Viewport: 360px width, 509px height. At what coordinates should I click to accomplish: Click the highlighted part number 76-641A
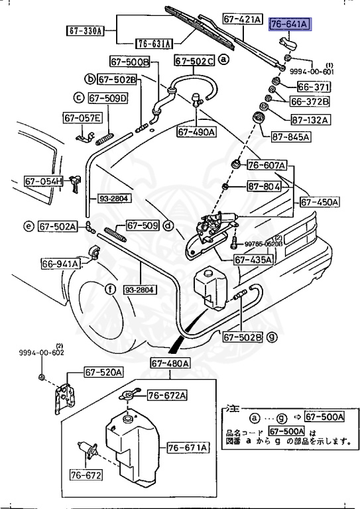pyautogui.click(x=289, y=25)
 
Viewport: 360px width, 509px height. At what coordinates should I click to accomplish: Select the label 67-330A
pyautogui.click(x=84, y=30)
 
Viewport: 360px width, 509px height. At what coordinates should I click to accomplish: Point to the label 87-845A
pyautogui.click(x=290, y=137)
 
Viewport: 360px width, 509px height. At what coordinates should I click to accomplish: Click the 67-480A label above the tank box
pyautogui.click(x=170, y=363)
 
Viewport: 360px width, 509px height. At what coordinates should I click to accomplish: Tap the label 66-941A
pyautogui.click(x=61, y=264)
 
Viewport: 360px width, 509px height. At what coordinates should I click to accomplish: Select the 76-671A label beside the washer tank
pyautogui.click(x=188, y=447)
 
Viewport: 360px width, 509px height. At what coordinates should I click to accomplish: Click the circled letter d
pyautogui.click(x=169, y=225)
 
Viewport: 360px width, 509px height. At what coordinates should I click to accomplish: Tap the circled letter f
pyautogui.click(x=109, y=288)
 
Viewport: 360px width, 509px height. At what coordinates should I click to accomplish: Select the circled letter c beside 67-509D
pyautogui.click(x=78, y=98)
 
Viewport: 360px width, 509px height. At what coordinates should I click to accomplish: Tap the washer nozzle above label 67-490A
pyautogui.click(x=196, y=101)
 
